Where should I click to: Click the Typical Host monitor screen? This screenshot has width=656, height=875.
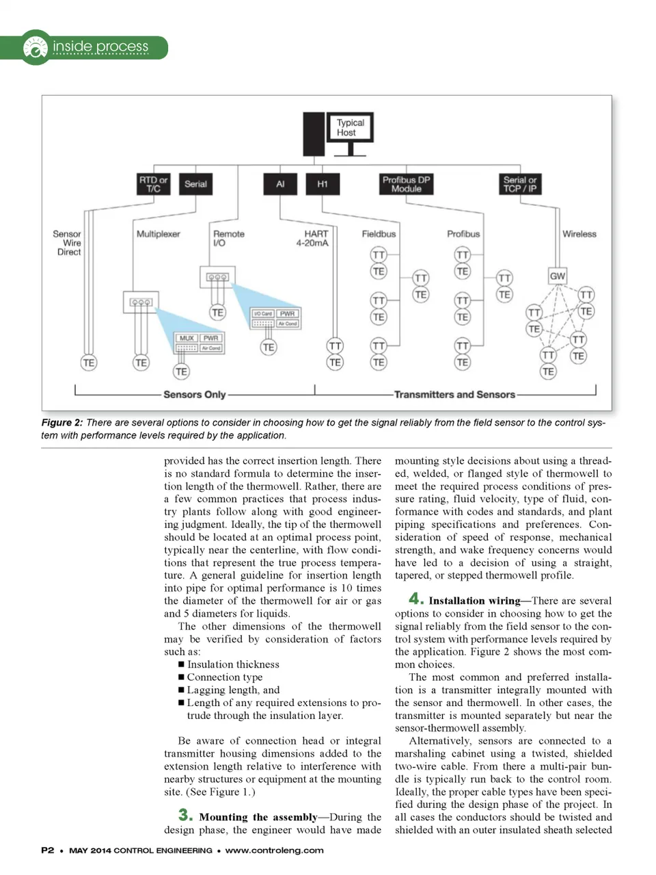tap(350, 127)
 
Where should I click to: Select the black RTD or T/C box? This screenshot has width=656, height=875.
tap(153, 184)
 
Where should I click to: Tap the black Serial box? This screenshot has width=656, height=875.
tap(195, 184)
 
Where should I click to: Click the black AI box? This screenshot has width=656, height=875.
tap(280, 184)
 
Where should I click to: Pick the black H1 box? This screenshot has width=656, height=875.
tap(323, 184)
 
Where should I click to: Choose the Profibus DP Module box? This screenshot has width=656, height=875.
tap(406, 184)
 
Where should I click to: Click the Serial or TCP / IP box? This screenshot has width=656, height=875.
tap(520, 184)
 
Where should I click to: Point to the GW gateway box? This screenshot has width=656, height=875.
tap(558, 276)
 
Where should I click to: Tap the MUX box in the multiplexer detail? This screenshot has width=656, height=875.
tap(187, 338)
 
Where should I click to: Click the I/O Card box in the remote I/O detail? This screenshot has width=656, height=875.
tap(262, 313)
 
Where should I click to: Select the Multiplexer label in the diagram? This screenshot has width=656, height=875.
tap(158, 233)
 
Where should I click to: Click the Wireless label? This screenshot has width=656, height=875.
tap(579, 233)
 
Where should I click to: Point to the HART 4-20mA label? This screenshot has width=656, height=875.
tap(312, 238)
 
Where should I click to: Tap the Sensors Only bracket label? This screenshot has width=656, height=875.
tap(194, 394)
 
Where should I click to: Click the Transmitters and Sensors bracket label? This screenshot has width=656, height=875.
tap(454, 394)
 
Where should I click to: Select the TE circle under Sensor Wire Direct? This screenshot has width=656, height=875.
tap(88, 363)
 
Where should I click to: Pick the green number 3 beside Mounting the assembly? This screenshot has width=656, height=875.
tap(185, 815)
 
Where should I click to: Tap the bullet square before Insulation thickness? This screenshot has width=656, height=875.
tap(181, 664)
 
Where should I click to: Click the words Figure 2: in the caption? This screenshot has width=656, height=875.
tap(61, 423)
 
